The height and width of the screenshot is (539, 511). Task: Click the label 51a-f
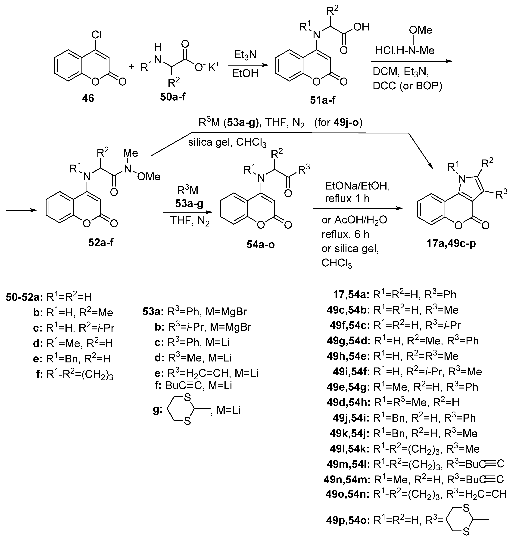323,100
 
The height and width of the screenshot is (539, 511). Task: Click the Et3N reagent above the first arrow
245,55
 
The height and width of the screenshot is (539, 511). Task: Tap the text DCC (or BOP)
407,86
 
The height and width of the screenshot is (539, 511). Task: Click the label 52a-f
101,242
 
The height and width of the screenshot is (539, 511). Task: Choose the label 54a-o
260,245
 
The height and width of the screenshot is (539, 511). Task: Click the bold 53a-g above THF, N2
189,203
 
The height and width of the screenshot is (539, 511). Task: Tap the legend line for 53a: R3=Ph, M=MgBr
195,312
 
